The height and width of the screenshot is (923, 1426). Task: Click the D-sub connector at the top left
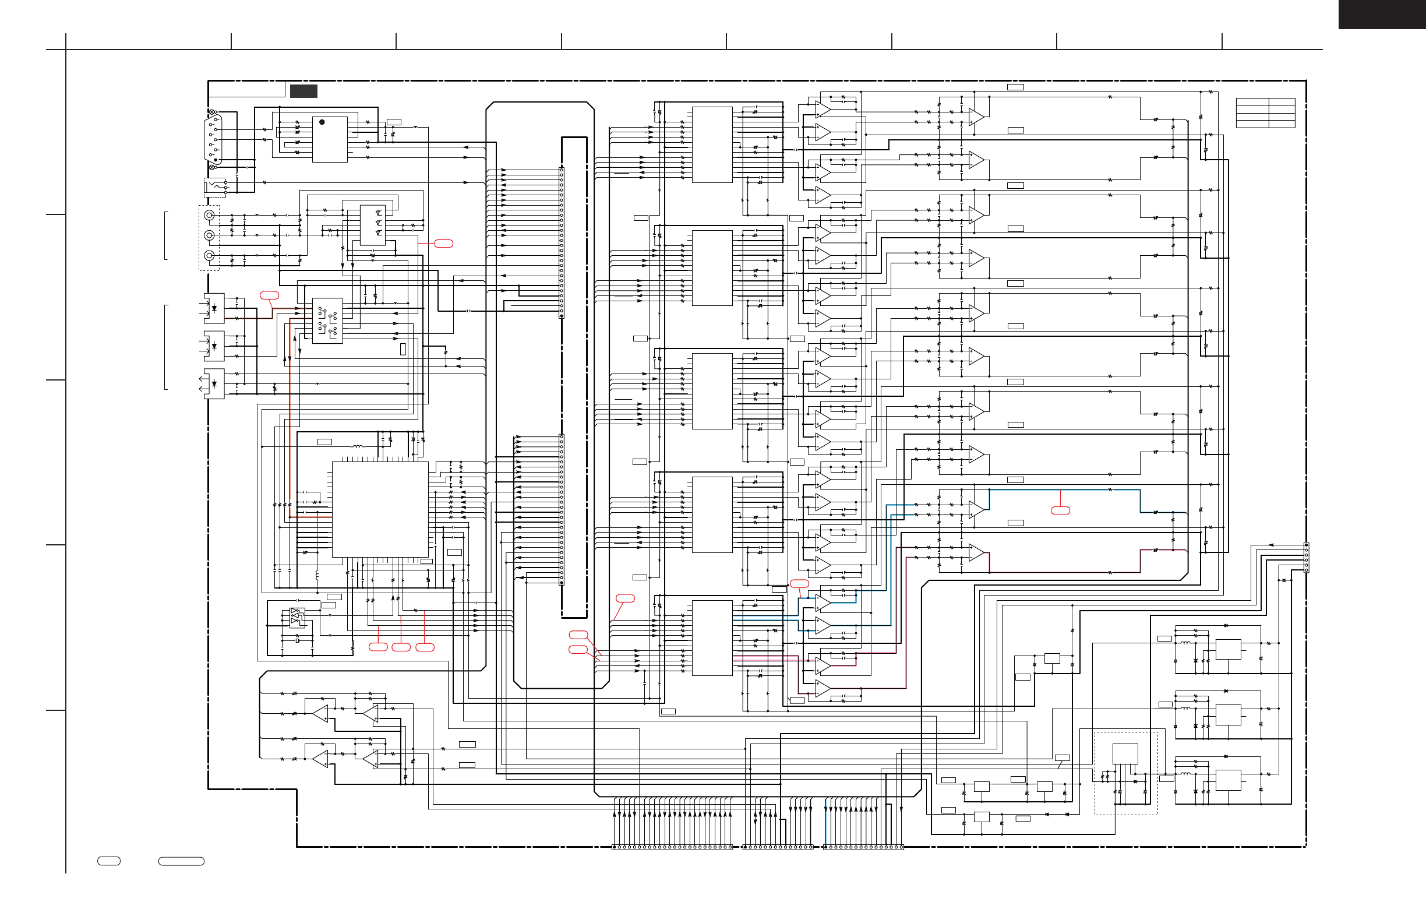tap(213, 139)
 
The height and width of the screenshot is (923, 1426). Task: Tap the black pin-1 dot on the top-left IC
tap(322, 122)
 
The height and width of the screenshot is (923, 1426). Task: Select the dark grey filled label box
tap(303, 91)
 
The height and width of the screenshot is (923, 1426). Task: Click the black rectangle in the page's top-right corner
tap(1382, 14)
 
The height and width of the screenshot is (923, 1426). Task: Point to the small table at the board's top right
tap(1265, 112)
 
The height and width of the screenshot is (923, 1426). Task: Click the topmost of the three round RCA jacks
tap(209, 215)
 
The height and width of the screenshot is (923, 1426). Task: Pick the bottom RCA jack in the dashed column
tap(209, 256)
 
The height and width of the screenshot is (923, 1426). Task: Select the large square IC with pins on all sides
tap(380, 509)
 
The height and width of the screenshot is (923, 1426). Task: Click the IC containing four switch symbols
tap(327, 320)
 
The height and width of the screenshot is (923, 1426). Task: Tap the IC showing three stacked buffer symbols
tap(372, 224)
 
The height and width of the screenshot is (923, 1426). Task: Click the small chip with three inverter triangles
tap(297, 616)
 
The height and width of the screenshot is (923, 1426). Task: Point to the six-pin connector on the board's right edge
tap(1306, 558)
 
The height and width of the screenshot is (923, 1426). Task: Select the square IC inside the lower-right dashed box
tap(1125, 754)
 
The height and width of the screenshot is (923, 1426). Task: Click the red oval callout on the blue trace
tap(1061, 510)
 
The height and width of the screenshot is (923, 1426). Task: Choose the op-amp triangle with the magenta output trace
tap(976, 552)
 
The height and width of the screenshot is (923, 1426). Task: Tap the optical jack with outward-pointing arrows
tap(213, 383)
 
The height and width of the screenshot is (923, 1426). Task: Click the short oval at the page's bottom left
tap(109, 861)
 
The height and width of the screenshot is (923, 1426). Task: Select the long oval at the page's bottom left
tap(181, 861)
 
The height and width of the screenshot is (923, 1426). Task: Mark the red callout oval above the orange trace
tap(270, 295)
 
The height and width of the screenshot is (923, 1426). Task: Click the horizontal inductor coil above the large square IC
tap(358, 446)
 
